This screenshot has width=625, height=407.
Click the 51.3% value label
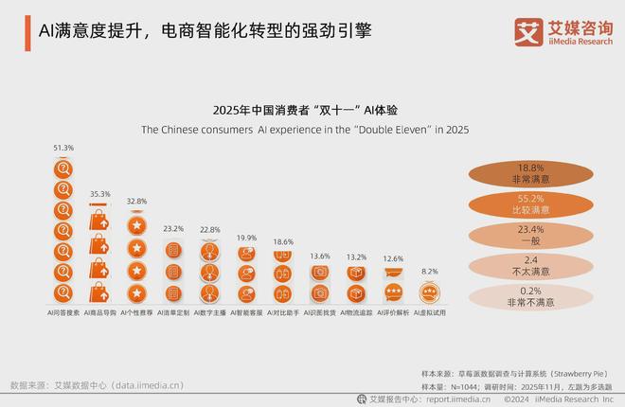(63, 149)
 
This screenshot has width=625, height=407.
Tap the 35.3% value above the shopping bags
(99, 194)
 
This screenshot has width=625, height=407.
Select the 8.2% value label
(429, 271)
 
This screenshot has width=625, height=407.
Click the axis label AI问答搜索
(63, 310)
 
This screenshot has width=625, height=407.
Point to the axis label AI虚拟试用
(429, 310)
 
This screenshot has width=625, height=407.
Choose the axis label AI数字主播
(210, 310)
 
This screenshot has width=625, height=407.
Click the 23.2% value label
(173, 229)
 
